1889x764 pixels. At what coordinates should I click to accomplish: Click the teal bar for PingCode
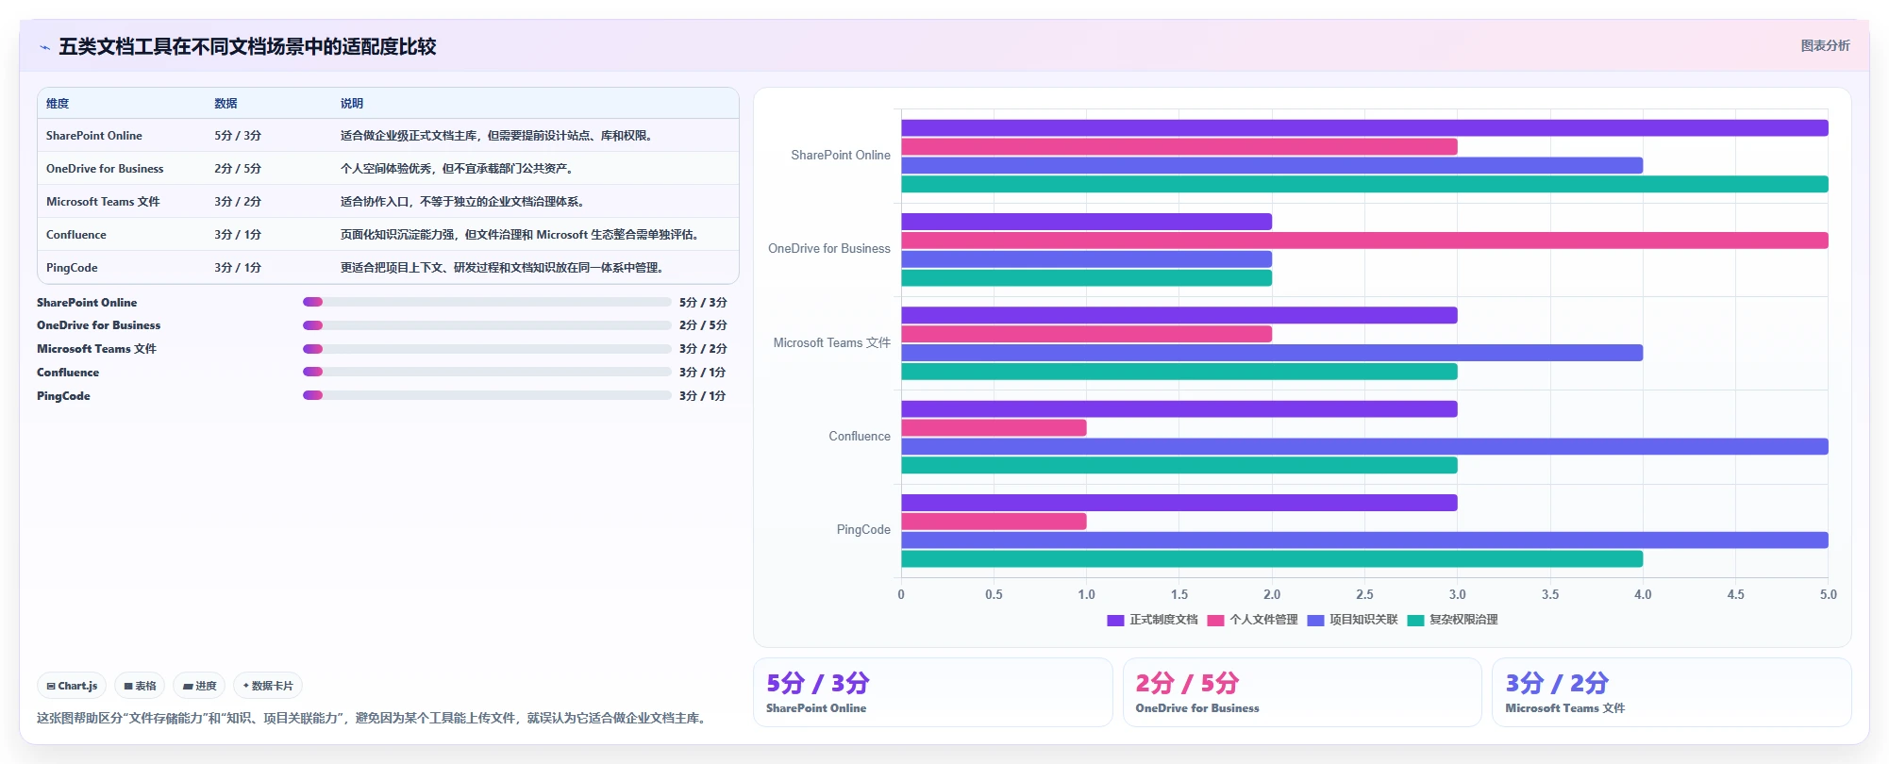point(1272,559)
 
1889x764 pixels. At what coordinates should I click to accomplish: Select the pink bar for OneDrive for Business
point(1364,241)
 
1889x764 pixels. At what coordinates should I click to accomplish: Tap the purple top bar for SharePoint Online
point(1364,128)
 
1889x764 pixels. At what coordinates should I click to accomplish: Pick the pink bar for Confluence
point(994,428)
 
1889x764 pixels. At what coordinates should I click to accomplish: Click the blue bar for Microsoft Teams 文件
point(1272,353)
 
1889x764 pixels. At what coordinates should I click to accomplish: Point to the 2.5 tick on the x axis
point(1364,595)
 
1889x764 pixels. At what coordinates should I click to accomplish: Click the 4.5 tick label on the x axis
point(1735,595)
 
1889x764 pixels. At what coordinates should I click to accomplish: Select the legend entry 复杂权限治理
point(1453,620)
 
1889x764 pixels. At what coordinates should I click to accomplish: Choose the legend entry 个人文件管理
point(1253,620)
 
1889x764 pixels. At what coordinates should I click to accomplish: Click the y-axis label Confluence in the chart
point(860,437)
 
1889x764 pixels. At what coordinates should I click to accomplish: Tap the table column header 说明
point(352,104)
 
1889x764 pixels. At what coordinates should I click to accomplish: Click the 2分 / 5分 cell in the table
point(238,169)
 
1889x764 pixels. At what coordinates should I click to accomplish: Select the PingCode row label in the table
point(72,268)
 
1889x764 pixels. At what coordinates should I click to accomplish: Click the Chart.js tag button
point(72,686)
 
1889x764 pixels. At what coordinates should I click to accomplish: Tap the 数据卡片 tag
point(268,686)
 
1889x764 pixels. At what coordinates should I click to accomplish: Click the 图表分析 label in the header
point(1825,45)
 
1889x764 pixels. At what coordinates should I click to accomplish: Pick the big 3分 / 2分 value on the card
point(1557,683)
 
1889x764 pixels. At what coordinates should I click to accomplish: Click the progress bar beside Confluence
point(487,372)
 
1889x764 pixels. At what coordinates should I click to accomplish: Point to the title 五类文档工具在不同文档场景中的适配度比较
point(247,46)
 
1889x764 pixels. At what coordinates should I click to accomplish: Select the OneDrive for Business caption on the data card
point(1197,708)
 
